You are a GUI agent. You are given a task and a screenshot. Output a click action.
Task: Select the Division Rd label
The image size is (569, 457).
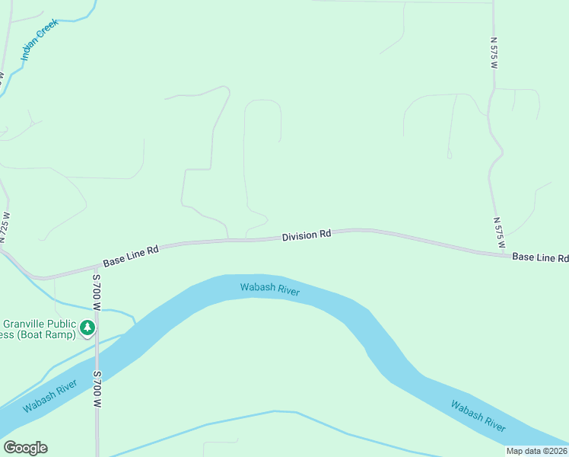click(x=306, y=235)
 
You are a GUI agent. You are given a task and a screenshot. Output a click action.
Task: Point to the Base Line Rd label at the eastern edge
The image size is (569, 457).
click(x=540, y=257)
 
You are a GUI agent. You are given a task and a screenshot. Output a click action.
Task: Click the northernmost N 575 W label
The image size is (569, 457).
click(x=493, y=53)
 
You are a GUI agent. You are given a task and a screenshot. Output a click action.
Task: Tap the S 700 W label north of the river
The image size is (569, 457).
click(x=97, y=292)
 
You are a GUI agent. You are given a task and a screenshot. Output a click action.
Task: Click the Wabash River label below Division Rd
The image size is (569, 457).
click(x=270, y=289)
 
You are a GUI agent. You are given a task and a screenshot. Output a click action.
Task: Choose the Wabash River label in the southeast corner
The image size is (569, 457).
click(x=478, y=416)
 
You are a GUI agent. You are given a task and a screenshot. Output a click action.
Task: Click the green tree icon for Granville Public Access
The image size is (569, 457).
click(x=87, y=328)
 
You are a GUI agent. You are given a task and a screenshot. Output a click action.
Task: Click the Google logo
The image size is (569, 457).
click(x=25, y=448)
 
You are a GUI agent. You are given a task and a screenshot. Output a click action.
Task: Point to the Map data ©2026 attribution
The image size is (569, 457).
click(x=537, y=451)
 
